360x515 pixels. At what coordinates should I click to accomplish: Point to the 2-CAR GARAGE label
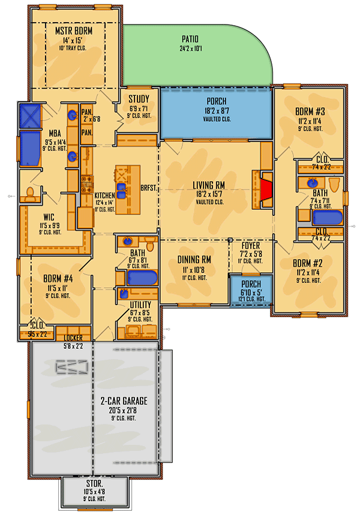tap(126, 400)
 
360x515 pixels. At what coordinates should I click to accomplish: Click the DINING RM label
tap(194, 260)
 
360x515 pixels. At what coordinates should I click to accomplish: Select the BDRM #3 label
tap(310, 111)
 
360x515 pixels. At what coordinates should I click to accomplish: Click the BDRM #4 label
tap(58, 279)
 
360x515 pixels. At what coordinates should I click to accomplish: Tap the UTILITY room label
tap(141, 305)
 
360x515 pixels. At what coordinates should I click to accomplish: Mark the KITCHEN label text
tap(104, 196)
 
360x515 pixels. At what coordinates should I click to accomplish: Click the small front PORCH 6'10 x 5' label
tap(251, 284)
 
